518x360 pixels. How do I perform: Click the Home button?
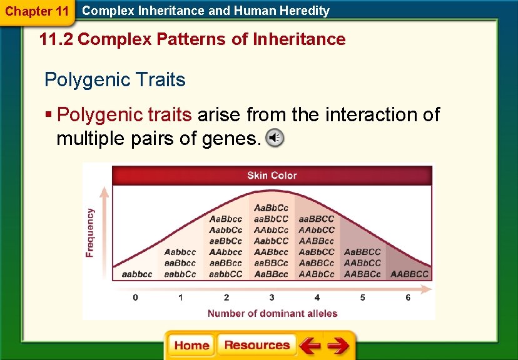pos(191,346)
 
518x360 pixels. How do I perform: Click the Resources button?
pos(256,346)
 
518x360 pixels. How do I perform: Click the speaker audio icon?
pos(274,138)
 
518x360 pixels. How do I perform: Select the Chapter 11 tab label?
pos(36,11)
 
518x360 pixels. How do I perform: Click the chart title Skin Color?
pos(272,176)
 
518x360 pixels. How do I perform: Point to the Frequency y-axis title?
pos(91,232)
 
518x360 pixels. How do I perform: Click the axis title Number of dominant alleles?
pos(272,314)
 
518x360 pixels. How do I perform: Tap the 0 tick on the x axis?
pos(136,297)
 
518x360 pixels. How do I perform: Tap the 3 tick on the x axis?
pos(272,297)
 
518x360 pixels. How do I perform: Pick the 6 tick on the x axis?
pos(408,297)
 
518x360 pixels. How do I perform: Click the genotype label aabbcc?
pos(136,274)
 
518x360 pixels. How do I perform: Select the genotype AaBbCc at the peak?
pos(272,207)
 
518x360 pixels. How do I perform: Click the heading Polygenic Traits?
pos(115,80)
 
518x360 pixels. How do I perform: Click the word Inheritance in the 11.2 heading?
pos(299,40)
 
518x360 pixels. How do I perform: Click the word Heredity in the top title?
pos(305,11)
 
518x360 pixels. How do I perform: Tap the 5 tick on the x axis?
pos(362,297)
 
